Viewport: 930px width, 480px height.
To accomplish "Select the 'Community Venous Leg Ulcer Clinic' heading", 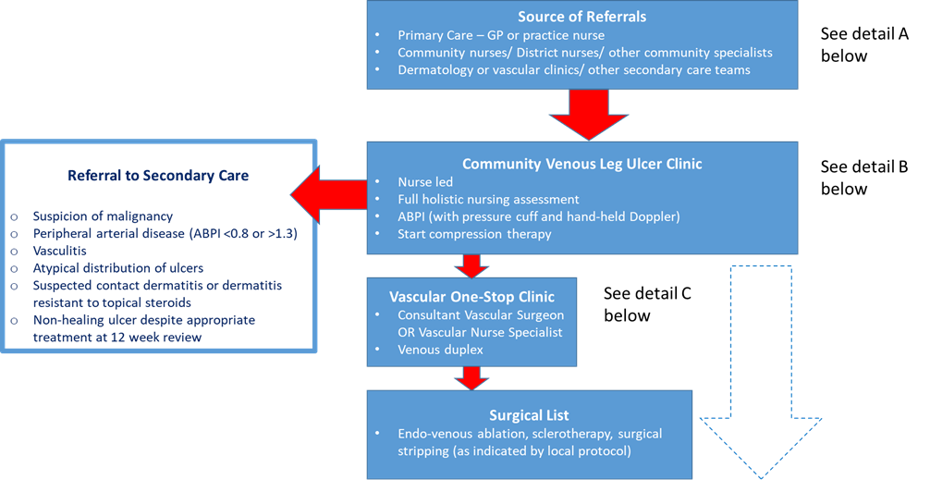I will [x=581, y=164].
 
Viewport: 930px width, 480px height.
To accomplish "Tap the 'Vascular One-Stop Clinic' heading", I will [x=472, y=298].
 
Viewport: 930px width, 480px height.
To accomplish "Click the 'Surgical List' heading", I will [x=530, y=414].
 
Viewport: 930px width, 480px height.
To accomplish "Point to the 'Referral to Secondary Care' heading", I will [x=158, y=175].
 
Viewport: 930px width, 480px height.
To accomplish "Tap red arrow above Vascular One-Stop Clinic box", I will [x=472, y=267].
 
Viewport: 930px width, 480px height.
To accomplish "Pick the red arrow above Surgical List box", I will [x=472, y=377].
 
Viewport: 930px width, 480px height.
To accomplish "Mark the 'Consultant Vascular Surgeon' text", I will [x=481, y=315].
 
